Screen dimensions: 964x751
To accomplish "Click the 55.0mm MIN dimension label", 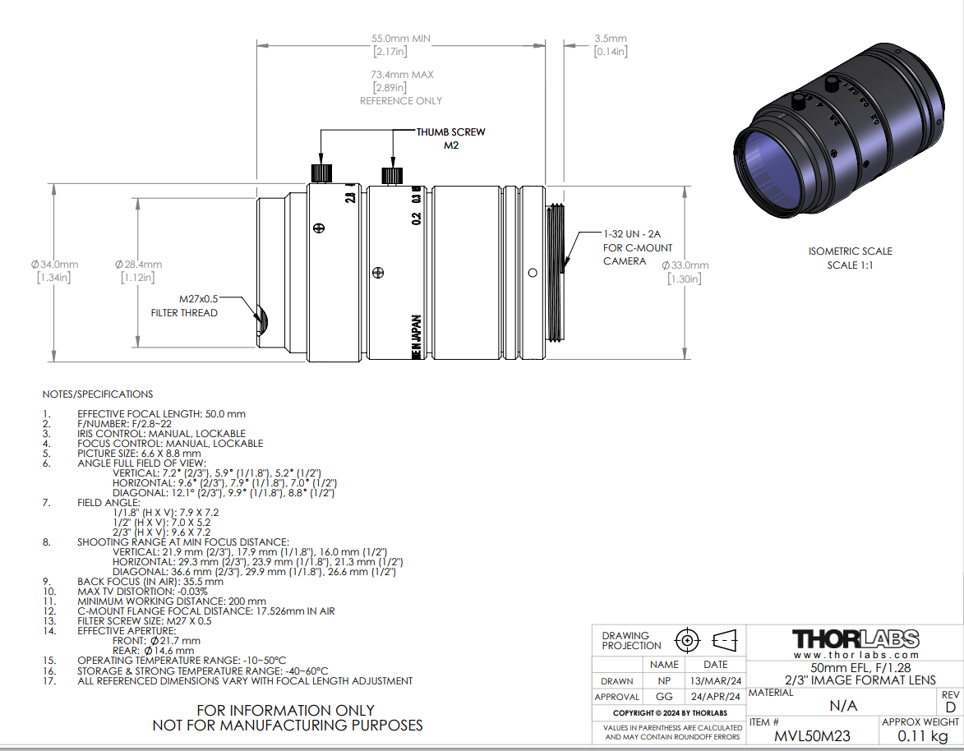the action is (x=401, y=38).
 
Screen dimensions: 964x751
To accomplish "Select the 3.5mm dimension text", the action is (x=611, y=38).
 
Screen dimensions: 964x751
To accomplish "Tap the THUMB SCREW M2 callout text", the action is (x=450, y=138).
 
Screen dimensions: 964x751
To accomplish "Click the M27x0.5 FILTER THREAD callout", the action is (x=184, y=306).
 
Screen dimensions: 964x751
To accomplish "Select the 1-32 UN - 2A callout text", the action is (x=632, y=234).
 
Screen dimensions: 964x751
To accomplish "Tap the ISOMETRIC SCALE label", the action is (x=851, y=251).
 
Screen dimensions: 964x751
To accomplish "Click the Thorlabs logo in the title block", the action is (x=856, y=639).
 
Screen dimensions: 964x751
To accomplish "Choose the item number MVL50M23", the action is (x=812, y=735).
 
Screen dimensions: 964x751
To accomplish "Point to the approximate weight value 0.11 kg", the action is (x=923, y=735).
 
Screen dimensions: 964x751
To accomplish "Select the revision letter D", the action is (x=951, y=707).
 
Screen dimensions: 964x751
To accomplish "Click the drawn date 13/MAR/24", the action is (x=716, y=681).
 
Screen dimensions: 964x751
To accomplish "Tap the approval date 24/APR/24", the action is (x=716, y=696).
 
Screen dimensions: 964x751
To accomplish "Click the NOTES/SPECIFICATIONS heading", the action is (x=98, y=394).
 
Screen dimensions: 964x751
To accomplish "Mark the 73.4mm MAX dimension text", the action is (x=402, y=75).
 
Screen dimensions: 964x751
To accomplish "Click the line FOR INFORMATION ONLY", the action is (x=285, y=711).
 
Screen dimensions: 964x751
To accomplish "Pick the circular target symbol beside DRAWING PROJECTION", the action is (x=687, y=640).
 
